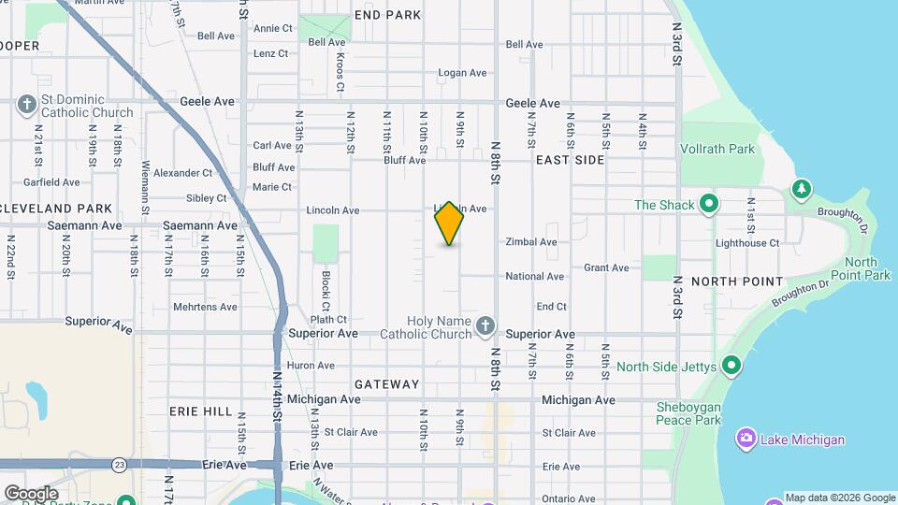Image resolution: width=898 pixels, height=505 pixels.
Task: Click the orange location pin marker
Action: (449, 224)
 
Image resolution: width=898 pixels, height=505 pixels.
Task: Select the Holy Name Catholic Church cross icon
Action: (484, 325)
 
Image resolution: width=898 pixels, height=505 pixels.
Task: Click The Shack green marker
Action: (709, 204)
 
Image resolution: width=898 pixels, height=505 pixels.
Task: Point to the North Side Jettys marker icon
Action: (731, 366)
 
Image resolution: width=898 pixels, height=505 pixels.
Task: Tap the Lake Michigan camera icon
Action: (746, 439)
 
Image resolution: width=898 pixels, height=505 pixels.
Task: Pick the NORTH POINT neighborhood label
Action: (736, 281)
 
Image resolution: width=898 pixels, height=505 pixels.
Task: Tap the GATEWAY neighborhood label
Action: (387, 384)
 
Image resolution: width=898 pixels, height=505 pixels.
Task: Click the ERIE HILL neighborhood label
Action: (200, 411)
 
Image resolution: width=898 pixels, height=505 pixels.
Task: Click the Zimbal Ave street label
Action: (530, 242)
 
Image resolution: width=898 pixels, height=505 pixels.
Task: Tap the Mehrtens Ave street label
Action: (205, 307)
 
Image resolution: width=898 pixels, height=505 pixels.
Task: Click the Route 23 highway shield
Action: (119, 464)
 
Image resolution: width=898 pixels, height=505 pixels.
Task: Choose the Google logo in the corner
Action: (31, 493)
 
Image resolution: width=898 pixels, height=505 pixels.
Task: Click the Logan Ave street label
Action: (463, 73)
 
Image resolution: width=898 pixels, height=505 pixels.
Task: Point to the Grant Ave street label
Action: (606, 267)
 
